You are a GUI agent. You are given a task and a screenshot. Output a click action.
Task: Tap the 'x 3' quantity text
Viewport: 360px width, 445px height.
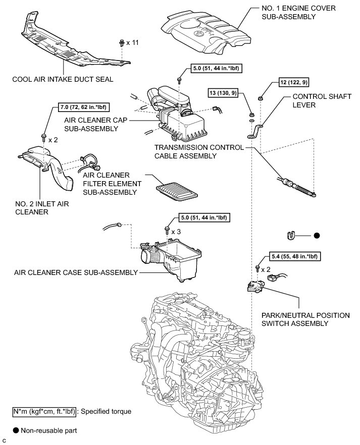click(x=176, y=231)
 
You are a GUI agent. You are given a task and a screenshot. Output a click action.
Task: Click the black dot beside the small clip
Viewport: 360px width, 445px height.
click(x=317, y=235)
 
